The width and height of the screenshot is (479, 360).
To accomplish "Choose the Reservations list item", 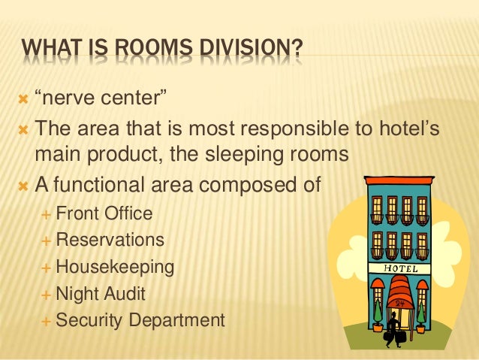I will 110,240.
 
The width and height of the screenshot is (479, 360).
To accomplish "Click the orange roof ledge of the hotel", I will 399,181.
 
